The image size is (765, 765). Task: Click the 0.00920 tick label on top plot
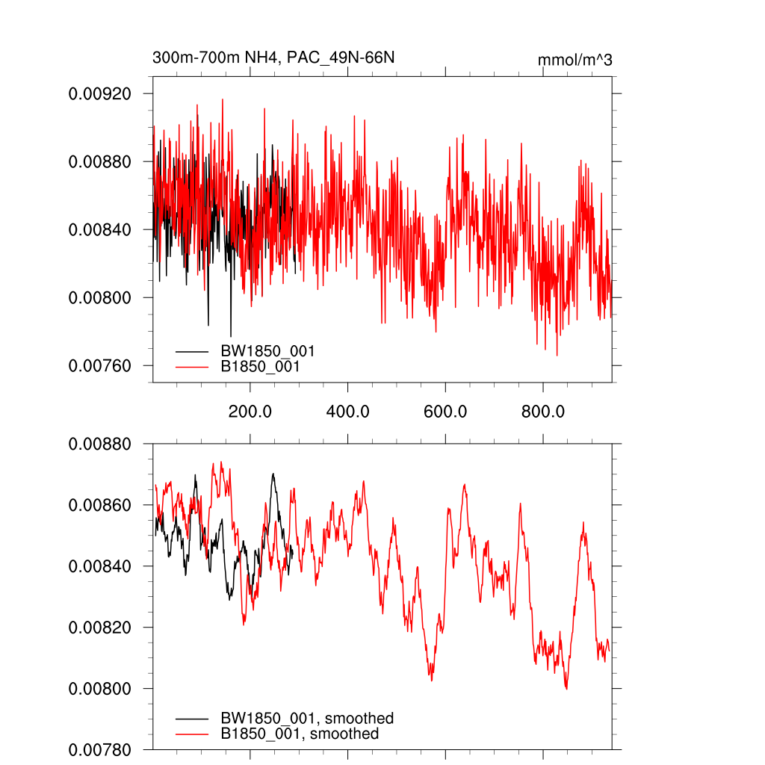click(x=99, y=94)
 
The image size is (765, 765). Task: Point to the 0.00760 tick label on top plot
click(x=99, y=366)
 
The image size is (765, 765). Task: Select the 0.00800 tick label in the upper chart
click(x=99, y=298)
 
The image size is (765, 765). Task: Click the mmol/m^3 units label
click(x=574, y=60)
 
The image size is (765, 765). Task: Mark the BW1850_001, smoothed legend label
click(x=307, y=719)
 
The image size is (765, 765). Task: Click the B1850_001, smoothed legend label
click(x=300, y=734)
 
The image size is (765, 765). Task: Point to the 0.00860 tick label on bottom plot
click(x=99, y=506)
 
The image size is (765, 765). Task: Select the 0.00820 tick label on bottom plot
click(x=99, y=628)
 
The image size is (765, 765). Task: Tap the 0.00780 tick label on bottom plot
click(x=99, y=749)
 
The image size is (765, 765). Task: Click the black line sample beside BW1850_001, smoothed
click(x=192, y=719)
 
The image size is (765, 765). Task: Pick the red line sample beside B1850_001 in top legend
click(x=192, y=367)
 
